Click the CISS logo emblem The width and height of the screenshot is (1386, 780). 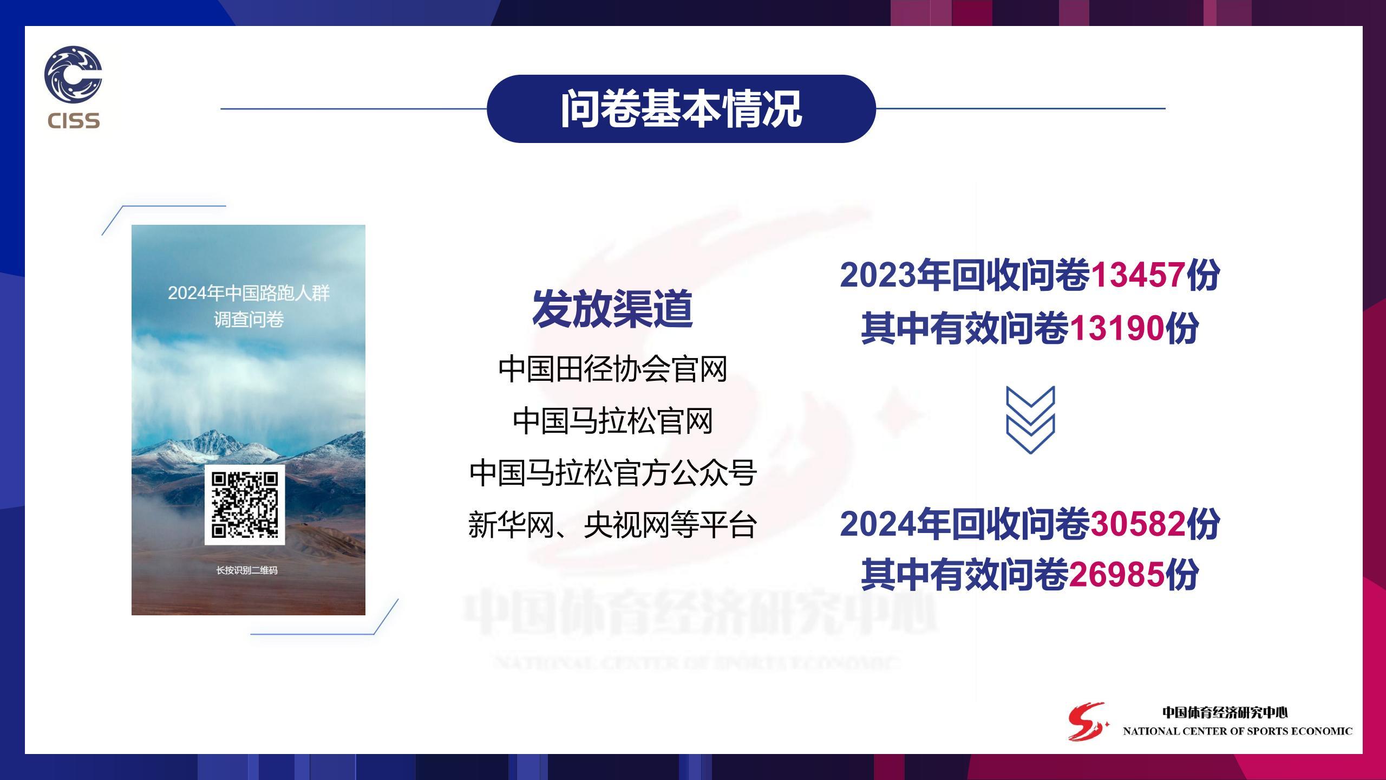coord(73,74)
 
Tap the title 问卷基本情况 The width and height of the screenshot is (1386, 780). coord(681,109)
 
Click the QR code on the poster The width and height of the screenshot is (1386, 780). coord(245,505)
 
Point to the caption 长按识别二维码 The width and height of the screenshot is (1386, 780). coord(247,570)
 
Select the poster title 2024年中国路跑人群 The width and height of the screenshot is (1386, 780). coord(249,293)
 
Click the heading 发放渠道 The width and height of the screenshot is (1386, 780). coord(612,308)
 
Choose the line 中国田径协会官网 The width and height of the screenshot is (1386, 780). coord(612,369)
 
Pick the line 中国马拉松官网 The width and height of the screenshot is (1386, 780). coord(612,421)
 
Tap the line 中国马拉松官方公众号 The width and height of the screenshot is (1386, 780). coord(612,473)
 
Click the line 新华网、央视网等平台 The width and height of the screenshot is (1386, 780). coord(612,525)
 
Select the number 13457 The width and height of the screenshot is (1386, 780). coord(1137,275)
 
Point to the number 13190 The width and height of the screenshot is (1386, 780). coord(1117,328)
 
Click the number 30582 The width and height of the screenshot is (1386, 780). coord(1137,524)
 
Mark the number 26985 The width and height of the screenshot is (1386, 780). coord(1117,575)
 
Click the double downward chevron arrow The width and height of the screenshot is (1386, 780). coord(1030,420)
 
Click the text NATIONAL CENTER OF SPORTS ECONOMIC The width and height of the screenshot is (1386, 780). coord(1238,731)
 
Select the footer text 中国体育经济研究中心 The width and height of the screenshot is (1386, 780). coord(1225,713)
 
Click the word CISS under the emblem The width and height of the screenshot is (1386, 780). coord(74,120)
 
